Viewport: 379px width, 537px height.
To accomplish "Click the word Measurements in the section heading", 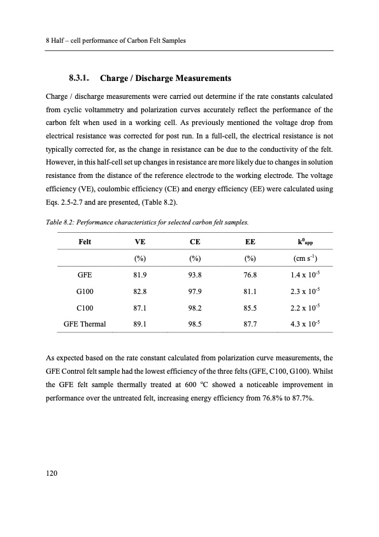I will point(196,78).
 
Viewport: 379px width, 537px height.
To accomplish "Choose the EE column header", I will point(250,242).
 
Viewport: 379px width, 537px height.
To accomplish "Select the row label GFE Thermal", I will point(85,323).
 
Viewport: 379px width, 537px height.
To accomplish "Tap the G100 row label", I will point(85,290).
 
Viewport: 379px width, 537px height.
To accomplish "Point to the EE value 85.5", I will point(250,307).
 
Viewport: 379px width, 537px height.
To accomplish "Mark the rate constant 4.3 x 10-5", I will point(306,323).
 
